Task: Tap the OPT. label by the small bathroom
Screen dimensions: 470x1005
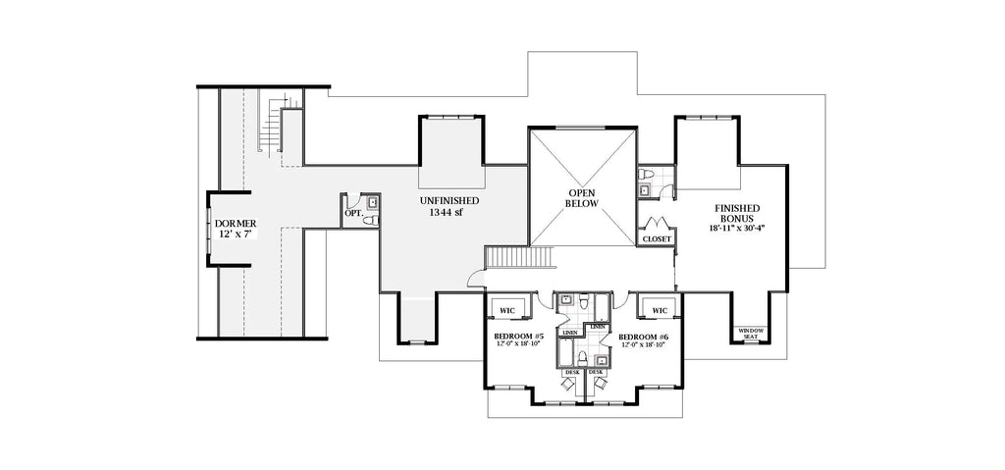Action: (x=352, y=213)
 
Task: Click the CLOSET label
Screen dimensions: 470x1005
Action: (x=657, y=238)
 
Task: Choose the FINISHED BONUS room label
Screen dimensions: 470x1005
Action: (x=735, y=214)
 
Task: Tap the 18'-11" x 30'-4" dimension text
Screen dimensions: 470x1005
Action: (x=735, y=228)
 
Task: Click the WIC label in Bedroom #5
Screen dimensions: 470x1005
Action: (x=506, y=311)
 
